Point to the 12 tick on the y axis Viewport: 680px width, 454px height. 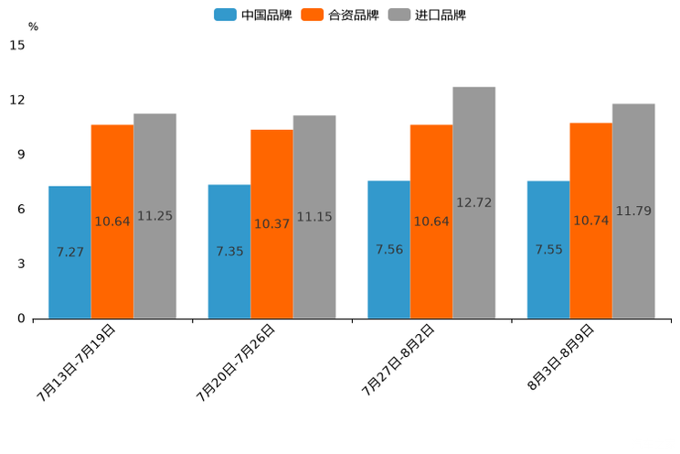(x=17, y=100)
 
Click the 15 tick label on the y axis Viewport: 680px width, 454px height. (x=17, y=45)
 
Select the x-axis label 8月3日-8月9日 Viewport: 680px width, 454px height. (x=561, y=358)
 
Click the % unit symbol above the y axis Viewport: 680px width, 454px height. (x=33, y=27)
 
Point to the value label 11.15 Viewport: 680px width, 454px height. (x=314, y=217)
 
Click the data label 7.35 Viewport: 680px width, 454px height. (x=229, y=251)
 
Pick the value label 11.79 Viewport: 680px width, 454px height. (x=633, y=211)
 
